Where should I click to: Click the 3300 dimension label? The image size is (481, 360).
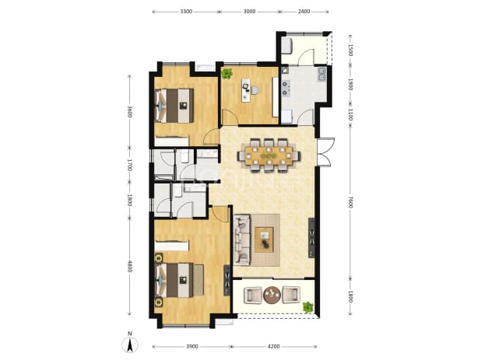pyautogui.click(x=186, y=12)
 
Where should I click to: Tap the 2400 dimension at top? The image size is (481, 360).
pyautogui.click(x=304, y=12)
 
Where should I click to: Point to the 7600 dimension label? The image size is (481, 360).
pyautogui.click(x=350, y=202)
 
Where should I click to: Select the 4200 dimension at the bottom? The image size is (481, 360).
pyautogui.click(x=274, y=347)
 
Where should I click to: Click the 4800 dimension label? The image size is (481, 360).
pyautogui.click(x=129, y=266)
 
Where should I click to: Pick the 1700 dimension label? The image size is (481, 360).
pyautogui.click(x=129, y=165)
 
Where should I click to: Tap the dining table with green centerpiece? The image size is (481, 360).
pyautogui.click(x=269, y=156)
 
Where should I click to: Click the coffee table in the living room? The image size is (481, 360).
pyautogui.click(x=264, y=239)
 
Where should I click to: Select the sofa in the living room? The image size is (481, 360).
pyautogui.click(x=242, y=239)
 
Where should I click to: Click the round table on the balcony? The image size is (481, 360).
pyautogui.click(x=272, y=295)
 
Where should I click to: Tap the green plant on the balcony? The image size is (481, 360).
pyautogui.click(x=307, y=307)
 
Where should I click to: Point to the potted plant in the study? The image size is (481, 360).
pyautogui.click(x=226, y=74)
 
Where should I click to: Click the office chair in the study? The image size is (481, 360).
pyautogui.click(x=255, y=90)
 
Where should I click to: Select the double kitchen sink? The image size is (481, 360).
pyautogui.click(x=321, y=74)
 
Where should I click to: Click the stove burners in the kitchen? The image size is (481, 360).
pyautogui.click(x=285, y=88)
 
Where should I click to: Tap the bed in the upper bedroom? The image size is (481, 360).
pyautogui.click(x=174, y=106)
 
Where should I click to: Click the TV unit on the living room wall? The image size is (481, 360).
pyautogui.click(x=311, y=238)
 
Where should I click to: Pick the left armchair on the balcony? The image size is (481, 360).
pyautogui.click(x=253, y=295)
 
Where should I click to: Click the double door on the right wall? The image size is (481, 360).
pyautogui.click(x=325, y=152)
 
